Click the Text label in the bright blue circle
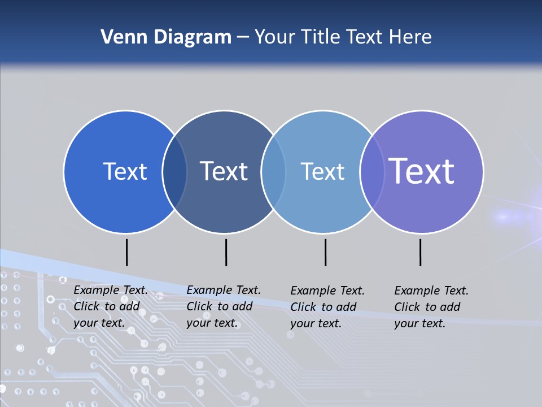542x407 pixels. (x=125, y=171)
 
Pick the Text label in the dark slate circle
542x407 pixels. (x=224, y=171)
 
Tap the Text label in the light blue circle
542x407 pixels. (x=322, y=171)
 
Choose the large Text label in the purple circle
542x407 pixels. (x=422, y=171)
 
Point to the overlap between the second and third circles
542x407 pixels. (x=273, y=172)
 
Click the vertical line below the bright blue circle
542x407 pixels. (x=126, y=252)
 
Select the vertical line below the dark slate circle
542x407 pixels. (x=226, y=252)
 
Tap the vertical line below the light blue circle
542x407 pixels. (x=325, y=252)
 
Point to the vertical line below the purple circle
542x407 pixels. (x=420, y=252)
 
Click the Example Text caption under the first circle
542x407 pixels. (x=111, y=306)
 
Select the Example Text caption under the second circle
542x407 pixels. (x=224, y=306)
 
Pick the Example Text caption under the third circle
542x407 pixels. (x=327, y=307)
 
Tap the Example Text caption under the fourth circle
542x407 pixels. (x=431, y=307)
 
